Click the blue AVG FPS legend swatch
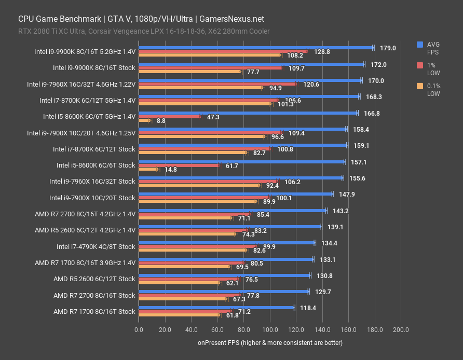tap(420, 45)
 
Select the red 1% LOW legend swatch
tap(420, 64)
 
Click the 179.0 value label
tap(388, 48)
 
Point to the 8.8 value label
tap(160, 120)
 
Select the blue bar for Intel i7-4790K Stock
tap(226, 242)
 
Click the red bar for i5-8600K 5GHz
tap(169, 117)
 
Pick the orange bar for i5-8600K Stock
tap(148, 169)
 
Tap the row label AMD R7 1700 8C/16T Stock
tap(94, 312)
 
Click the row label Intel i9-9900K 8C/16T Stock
tap(94, 67)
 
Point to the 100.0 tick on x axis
tap(269, 330)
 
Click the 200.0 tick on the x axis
tap(400, 330)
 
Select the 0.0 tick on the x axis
tap(139, 330)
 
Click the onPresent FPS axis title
tap(269, 343)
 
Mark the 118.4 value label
tap(308, 308)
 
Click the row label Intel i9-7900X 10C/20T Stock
tap(92, 198)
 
